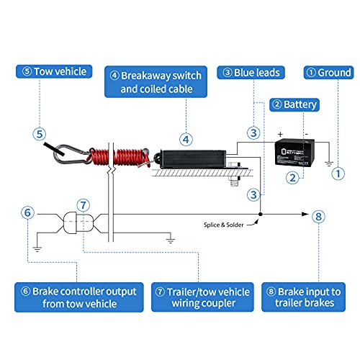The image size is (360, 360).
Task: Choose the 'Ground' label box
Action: pos(328,73)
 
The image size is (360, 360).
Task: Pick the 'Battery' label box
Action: pos(292,104)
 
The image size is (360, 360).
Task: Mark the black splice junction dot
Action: pos(260,215)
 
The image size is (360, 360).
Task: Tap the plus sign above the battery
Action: pos(279,135)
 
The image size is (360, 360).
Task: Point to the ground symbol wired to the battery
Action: pos(330,163)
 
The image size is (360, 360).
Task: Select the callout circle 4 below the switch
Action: pos(185,139)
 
